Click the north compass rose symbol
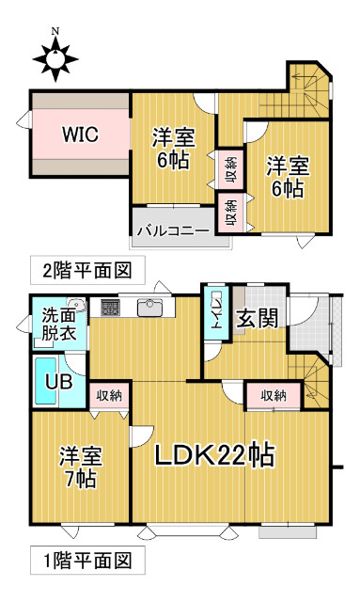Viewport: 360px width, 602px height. pyautogui.click(x=55, y=58)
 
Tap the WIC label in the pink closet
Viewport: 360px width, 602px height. pyautogui.click(x=80, y=134)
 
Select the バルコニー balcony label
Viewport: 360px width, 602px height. pyautogui.click(x=174, y=231)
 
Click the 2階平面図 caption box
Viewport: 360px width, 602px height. pyautogui.click(x=87, y=270)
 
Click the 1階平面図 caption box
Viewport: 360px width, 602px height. pyautogui.click(x=87, y=561)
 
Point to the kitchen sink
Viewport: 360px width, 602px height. pyautogui.click(x=150, y=308)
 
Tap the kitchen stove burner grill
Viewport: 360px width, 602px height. pyautogui.click(x=110, y=308)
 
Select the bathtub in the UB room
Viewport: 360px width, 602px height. pyautogui.click(x=46, y=381)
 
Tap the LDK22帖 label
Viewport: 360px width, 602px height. pyautogui.click(x=214, y=455)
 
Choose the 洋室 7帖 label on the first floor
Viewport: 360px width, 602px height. pyautogui.click(x=81, y=467)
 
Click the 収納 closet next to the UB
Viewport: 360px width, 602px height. pyautogui.click(x=109, y=396)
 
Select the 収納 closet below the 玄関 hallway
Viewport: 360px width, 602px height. pyautogui.click(x=274, y=395)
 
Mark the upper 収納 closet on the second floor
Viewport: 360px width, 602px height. pyautogui.click(x=230, y=169)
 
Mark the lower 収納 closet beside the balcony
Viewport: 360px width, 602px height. pyautogui.click(x=230, y=214)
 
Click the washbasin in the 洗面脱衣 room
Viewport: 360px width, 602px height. pyautogui.click(x=77, y=306)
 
